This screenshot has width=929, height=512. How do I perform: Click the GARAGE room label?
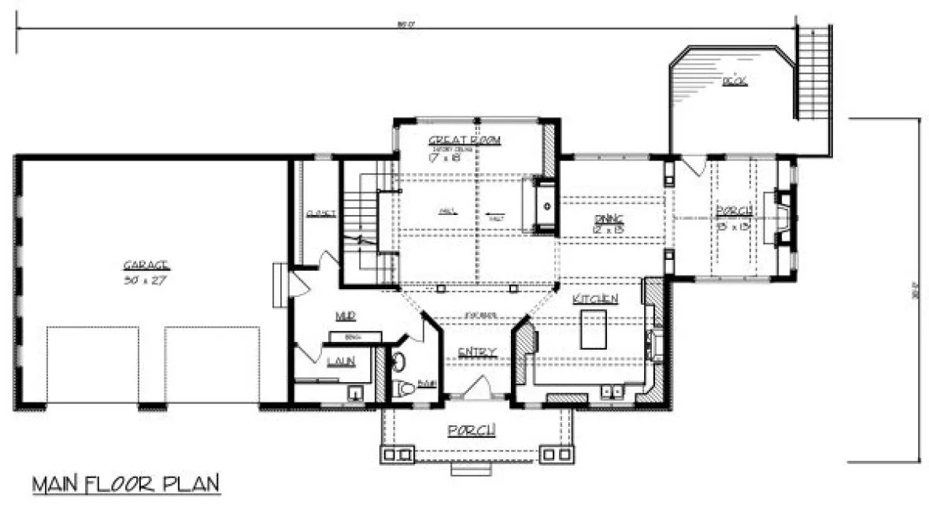pyautogui.click(x=146, y=265)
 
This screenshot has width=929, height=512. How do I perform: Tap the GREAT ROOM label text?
pyautogui.click(x=464, y=140)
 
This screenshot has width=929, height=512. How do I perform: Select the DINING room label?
pyautogui.click(x=608, y=218)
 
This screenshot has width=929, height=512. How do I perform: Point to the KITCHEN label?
pyautogui.click(x=594, y=299)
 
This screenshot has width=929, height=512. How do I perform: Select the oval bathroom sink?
pyautogui.click(x=400, y=362)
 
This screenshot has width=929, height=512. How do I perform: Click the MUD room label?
pyautogui.click(x=345, y=316)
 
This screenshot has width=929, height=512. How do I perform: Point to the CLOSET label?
pyautogui.click(x=321, y=213)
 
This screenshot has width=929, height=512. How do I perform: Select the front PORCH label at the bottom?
pyautogui.click(x=472, y=430)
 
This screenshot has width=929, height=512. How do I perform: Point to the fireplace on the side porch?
pyautogui.click(x=782, y=217)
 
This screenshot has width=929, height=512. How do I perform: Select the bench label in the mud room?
pyautogui.click(x=353, y=336)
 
